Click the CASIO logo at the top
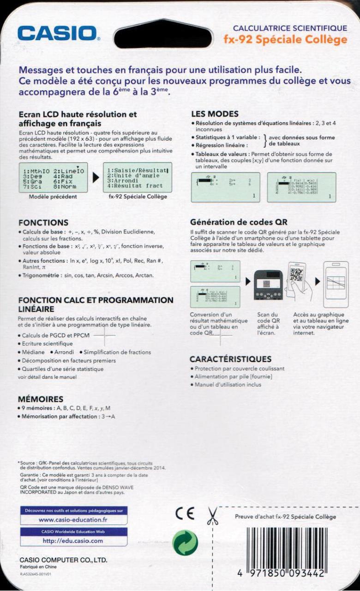58,34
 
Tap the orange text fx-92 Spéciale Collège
285,40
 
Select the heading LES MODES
215,114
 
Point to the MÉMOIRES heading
41,399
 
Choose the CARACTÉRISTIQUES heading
231,359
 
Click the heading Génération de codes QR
239,222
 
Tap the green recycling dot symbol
185,543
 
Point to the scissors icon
212,516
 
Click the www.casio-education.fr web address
73,520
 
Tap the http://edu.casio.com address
73,541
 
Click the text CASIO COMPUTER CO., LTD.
63,560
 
